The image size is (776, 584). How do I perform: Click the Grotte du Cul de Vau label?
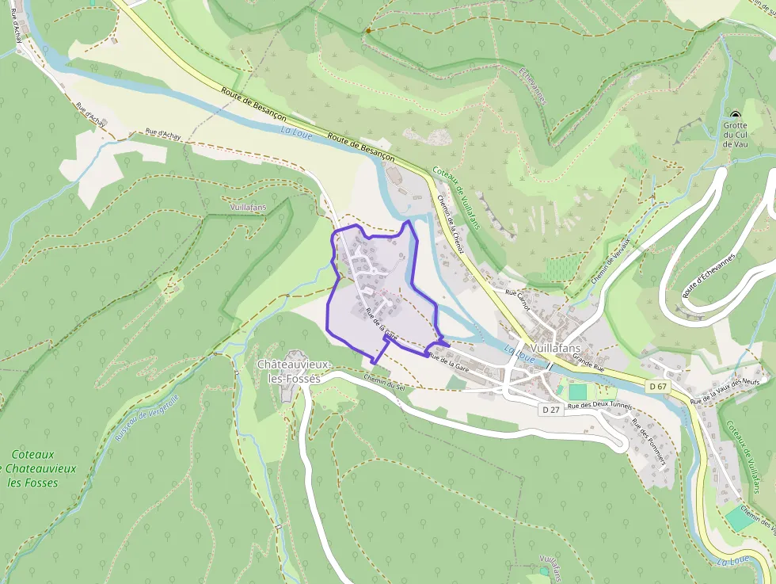pos(735,135)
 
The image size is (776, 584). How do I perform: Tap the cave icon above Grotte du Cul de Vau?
pos(735,114)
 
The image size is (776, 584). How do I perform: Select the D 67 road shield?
pos(656,386)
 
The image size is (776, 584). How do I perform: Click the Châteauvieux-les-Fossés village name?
pos(288,371)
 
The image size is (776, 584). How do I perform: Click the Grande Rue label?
pos(588,363)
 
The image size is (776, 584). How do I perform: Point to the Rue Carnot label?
pos(517,295)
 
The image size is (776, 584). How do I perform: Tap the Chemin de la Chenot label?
pos(451,225)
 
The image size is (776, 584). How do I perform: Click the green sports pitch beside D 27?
pos(578,391)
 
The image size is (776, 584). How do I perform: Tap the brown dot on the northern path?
pos(367,31)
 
